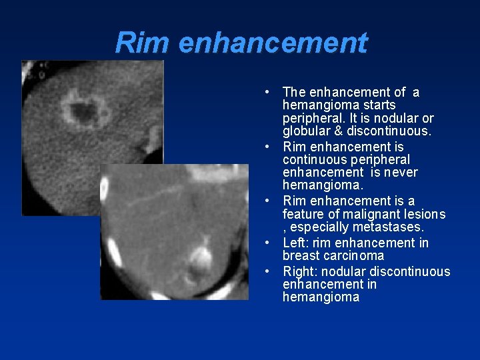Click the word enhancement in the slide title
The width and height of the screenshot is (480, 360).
(x=273, y=43)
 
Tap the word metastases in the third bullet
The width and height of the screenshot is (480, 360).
(x=391, y=227)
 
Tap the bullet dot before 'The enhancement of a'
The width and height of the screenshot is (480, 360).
(x=266, y=92)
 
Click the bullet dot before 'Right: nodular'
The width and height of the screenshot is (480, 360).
(x=266, y=271)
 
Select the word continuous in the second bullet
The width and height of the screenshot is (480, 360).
(x=311, y=160)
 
